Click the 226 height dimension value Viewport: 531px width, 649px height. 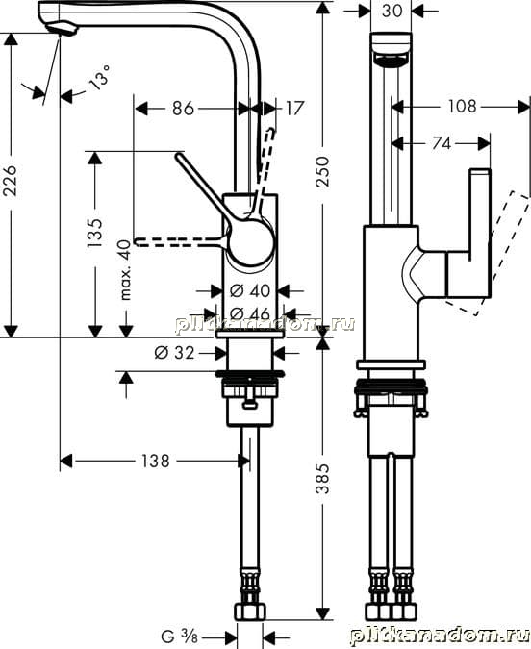pos(10,181)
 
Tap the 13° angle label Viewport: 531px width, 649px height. pos(100,77)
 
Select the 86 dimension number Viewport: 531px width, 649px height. pos(183,109)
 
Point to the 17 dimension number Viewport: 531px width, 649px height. pos(294,109)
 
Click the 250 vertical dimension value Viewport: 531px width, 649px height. pos(322,171)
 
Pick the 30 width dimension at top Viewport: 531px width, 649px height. pos(392,11)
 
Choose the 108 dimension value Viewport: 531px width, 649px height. pos(463,107)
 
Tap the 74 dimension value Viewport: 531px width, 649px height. pos(442,143)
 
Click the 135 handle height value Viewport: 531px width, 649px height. pos(94,233)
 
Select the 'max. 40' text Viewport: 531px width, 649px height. pos(125,269)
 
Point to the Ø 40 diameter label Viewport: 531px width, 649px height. pos(250,291)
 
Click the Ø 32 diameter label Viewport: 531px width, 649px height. pos(174,353)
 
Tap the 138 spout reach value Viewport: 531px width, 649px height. pos(156,461)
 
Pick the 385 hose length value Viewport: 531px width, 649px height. pos(322,479)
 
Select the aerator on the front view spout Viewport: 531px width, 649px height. pos(391,60)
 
